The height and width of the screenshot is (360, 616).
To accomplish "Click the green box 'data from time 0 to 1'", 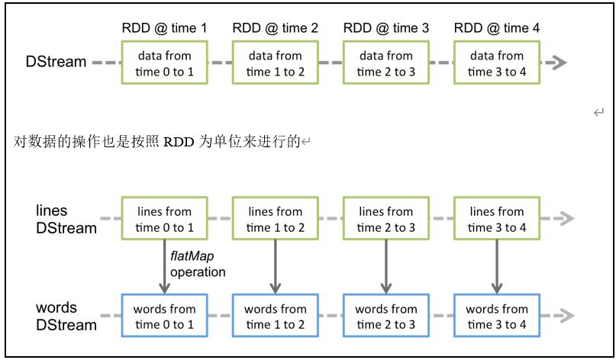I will pyautogui.click(x=164, y=63).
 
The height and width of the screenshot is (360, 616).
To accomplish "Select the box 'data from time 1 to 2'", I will pyautogui.click(x=275, y=63).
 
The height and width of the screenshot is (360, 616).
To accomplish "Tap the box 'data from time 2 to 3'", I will pyautogui.click(x=385, y=63).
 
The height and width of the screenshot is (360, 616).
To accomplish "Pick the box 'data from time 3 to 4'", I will pyautogui.click(x=496, y=63).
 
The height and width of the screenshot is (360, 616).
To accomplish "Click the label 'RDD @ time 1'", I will pyautogui.click(x=164, y=28).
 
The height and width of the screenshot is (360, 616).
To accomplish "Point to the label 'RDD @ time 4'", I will pyautogui.click(x=497, y=28).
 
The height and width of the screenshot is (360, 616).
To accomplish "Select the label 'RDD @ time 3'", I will pyautogui.click(x=386, y=28).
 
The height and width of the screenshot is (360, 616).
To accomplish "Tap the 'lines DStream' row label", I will pyautogui.click(x=66, y=219).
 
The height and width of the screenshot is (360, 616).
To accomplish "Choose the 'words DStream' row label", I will pyautogui.click(x=66, y=317).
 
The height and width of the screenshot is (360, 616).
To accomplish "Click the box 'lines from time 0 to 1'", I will pyautogui.click(x=164, y=219).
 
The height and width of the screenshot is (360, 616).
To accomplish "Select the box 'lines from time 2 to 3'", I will pyautogui.click(x=385, y=219).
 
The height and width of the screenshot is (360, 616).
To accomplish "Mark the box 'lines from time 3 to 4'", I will pyautogui.click(x=496, y=219).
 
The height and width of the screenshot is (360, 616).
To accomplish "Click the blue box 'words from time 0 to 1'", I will pyautogui.click(x=164, y=317).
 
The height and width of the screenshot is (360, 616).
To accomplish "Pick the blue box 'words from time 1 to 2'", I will pyautogui.click(x=275, y=317).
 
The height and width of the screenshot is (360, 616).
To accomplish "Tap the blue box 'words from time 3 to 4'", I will pyautogui.click(x=496, y=317).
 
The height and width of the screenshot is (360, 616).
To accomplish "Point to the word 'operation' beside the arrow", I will pyautogui.click(x=198, y=272).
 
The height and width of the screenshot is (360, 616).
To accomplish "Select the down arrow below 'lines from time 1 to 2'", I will pyautogui.click(x=275, y=266).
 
